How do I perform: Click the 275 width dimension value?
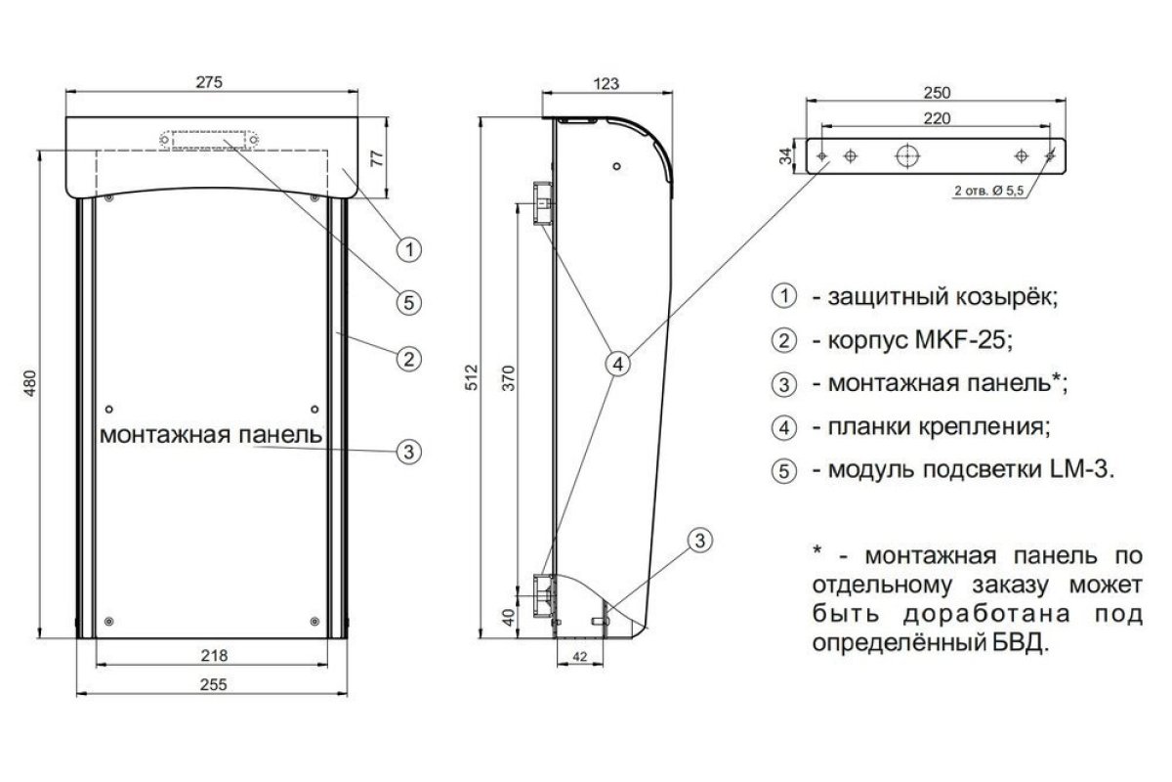point(209,82)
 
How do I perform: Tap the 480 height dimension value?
point(30,383)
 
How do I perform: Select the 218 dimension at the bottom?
point(215,655)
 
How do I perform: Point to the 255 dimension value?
point(214,684)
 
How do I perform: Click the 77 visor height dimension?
point(377,157)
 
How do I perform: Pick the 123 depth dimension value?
point(607,84)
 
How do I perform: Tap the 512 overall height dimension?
point(472,377)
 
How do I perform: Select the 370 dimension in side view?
point(509,378)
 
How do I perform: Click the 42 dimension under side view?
point(580,656)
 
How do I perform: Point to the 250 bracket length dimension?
point(937,93)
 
